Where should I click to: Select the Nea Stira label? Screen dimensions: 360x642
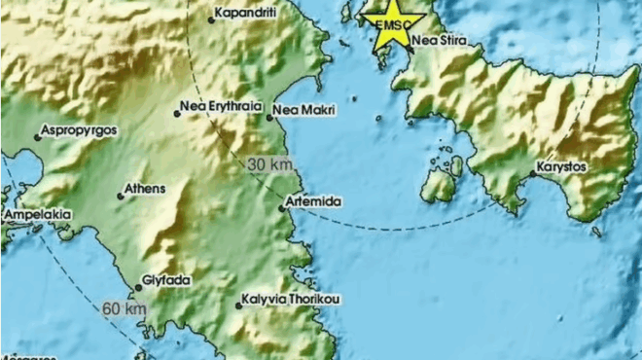439,42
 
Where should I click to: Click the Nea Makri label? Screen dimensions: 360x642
303,111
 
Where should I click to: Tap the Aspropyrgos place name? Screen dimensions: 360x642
79,129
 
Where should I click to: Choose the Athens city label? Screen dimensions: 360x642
145,189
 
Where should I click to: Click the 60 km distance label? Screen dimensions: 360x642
125,309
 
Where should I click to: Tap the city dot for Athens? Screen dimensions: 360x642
121,197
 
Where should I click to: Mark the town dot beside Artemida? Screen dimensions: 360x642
280,206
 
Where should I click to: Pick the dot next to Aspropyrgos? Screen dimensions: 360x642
38,137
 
